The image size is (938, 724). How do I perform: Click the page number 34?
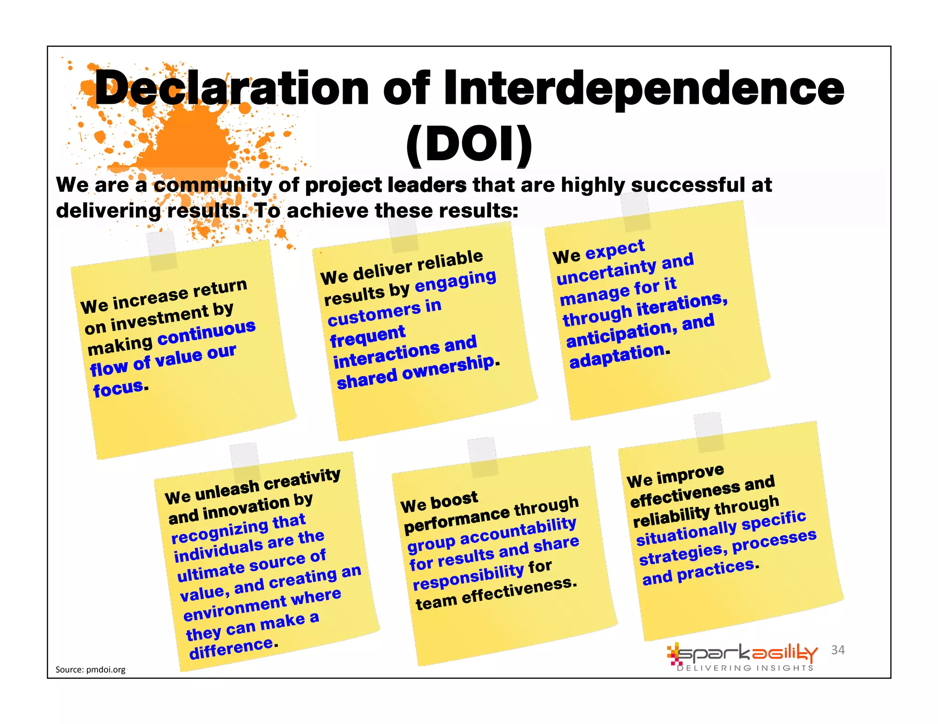pyautogui.click(x=838, y=650)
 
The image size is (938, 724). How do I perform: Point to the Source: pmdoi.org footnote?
pyautogui.click(x=90, y=670)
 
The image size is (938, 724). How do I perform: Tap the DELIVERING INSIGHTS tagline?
pyautogui.click(x=745, y=668)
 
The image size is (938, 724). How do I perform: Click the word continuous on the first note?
pyautogui.click(x=207, y=333)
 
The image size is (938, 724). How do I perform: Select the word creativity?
pyautogui.click(x=302, y=480)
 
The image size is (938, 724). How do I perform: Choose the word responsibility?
pyautogui.click(x=469, y=577)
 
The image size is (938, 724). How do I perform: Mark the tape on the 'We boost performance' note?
pyautogui.click(x=483, y=456)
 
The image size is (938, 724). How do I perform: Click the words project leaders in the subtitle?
pyautogui.click(x=386, y=185)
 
